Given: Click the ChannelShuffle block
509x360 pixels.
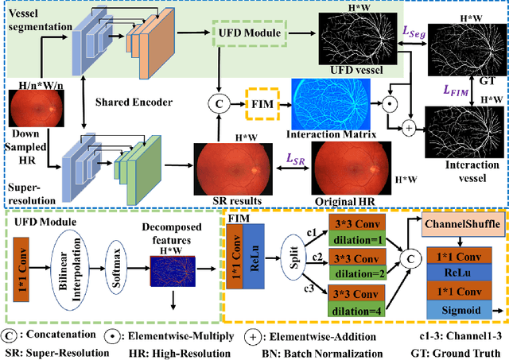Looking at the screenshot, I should [464, 226].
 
